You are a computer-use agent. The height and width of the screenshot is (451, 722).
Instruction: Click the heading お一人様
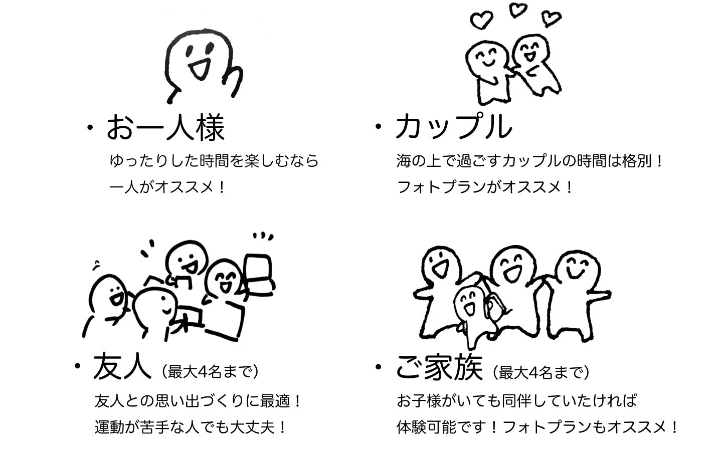click(165, 128)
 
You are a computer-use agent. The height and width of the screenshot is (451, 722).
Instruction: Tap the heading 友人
click(122, 366)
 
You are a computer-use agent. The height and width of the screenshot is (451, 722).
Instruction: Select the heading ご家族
click(439, 367)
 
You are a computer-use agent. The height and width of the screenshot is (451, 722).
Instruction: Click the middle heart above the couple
click(517, 10)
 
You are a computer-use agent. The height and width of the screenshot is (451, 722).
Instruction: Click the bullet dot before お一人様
click(90, 128)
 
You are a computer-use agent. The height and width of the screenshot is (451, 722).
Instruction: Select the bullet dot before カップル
click(379, 126)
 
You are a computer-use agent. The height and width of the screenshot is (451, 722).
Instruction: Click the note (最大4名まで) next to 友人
click(210, 372)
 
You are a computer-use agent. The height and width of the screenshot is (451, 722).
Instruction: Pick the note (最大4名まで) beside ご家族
click(541, 373)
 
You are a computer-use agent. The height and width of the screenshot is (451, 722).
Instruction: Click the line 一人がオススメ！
click(167, 187)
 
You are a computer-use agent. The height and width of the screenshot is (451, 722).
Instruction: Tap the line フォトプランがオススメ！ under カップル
click(484, 187)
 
